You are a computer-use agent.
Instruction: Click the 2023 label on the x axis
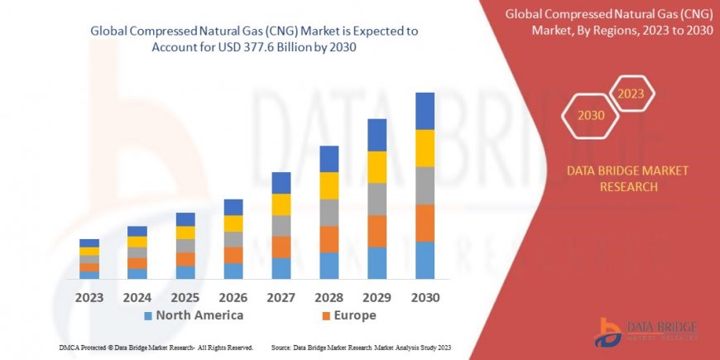point(89,297)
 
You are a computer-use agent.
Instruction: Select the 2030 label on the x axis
point(425,297)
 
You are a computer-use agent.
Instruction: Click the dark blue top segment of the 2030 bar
point(425,111)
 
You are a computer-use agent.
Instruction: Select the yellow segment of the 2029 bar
point(377,167)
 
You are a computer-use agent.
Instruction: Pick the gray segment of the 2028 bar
point(329,213)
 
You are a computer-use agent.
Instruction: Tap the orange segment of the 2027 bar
point(281,247)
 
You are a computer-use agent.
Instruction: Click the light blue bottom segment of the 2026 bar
point(233,271)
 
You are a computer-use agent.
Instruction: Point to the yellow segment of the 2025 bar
point(185,233)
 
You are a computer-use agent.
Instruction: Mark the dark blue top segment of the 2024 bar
point(137,231)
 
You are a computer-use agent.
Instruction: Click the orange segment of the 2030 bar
point(425,223)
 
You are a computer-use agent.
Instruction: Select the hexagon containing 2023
point(632,94)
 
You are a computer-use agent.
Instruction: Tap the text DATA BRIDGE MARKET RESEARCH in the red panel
point(626,179)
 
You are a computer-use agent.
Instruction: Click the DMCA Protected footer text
point(156,347)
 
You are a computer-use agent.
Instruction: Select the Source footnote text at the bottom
point(361,347)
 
